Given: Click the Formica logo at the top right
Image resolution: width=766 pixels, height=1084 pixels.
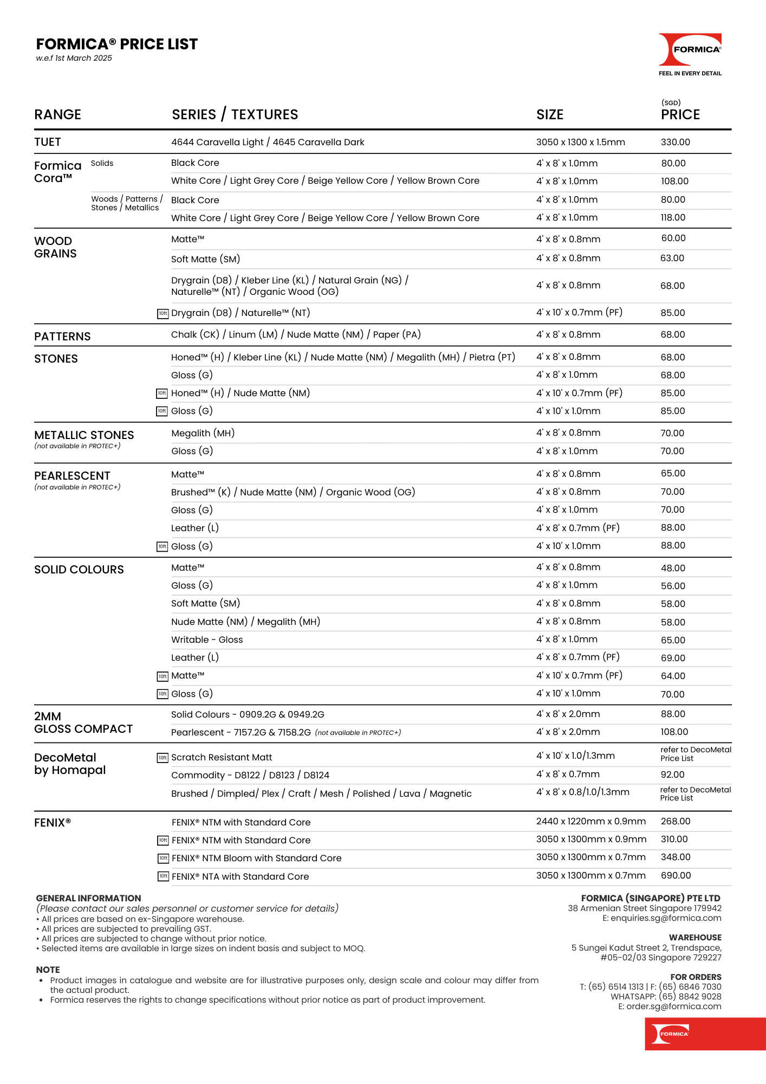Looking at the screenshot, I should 690,50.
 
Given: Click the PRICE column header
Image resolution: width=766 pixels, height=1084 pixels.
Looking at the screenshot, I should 680,114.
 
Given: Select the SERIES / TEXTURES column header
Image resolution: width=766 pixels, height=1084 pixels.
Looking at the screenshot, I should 235,114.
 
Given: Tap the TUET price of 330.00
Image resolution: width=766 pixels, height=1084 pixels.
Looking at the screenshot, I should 675,142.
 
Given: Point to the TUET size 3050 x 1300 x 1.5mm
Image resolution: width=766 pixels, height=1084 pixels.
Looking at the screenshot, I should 580,142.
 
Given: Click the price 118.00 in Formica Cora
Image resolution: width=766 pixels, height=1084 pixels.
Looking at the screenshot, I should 673,217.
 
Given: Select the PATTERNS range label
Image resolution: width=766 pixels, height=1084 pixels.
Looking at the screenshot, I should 62,337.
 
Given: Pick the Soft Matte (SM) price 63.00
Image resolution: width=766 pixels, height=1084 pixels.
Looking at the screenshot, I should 672,258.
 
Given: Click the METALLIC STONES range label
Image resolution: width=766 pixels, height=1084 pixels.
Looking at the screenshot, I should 84,435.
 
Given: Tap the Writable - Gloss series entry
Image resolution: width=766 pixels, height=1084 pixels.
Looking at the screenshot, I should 207,640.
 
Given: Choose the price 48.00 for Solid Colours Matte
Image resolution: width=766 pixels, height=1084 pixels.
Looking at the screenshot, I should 673,568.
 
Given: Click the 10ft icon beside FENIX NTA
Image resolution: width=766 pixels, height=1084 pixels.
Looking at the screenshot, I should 163,876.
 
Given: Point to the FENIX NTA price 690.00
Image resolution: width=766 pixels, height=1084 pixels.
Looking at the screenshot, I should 676,875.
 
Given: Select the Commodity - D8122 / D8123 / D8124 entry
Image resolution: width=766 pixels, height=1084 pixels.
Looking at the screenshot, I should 250,775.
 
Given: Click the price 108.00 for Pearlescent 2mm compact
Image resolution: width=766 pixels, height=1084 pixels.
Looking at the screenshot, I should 674,732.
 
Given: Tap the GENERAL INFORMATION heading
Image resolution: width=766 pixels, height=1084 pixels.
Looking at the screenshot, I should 88,898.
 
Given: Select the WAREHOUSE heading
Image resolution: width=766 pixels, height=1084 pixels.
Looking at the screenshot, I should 695,937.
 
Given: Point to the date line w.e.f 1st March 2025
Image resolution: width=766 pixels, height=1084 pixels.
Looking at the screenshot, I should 74,58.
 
